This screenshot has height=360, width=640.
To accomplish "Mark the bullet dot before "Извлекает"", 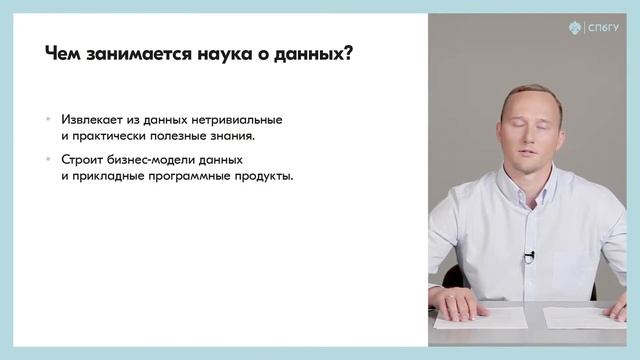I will (x=48, y=118).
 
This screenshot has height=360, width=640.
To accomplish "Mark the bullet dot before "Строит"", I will (x=48, y=160).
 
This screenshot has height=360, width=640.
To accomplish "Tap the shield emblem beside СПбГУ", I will (x=576, y=28).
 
